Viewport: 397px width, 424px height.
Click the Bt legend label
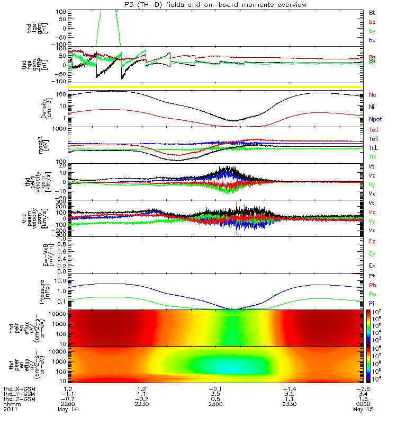[372, 12]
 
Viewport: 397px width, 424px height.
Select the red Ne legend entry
[372, 95]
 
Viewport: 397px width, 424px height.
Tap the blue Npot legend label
[375, 120]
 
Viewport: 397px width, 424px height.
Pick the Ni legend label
[372, 108]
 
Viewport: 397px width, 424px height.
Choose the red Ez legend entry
[372, 241]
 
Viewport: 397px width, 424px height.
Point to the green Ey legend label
[372, 254]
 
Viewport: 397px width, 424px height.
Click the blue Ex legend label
[372, 266]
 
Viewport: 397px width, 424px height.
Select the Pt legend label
[372, 277]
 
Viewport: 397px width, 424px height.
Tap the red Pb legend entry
[372, 285]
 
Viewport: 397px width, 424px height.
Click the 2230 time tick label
[142, 405]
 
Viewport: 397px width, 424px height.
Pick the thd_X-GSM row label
[18, 389]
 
